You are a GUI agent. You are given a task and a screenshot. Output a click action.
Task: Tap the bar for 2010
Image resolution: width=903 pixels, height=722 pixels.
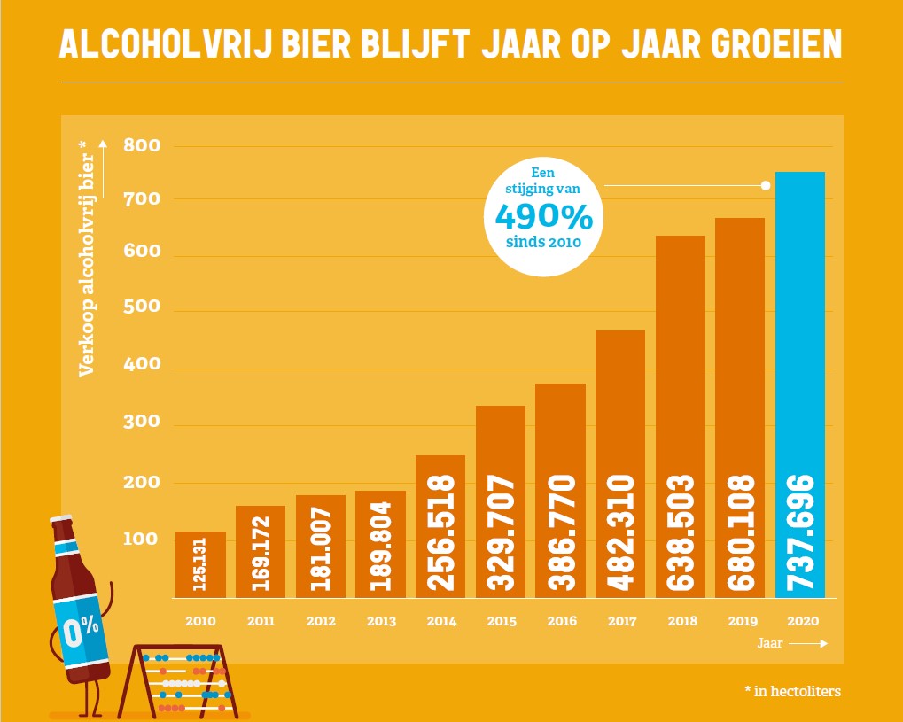(200, 564)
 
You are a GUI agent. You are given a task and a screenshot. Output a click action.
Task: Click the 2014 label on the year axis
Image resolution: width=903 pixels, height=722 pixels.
(440, 622)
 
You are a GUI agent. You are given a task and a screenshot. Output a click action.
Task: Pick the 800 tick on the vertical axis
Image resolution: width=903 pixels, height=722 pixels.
(142, 145)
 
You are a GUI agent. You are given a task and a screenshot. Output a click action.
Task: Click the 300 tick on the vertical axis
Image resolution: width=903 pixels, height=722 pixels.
(142, 423)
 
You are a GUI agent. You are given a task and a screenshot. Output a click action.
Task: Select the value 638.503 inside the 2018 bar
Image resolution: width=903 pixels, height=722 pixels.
(680, 533)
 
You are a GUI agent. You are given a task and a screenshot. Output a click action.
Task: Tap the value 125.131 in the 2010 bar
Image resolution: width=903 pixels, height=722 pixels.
(200, 565)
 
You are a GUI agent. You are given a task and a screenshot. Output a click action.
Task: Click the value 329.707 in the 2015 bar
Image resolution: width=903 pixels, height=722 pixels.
(501, 533)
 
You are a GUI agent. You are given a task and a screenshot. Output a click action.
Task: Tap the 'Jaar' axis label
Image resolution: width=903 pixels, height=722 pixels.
(769, 644)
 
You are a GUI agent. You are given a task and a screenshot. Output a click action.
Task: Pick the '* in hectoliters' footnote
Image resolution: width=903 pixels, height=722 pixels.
(790, 691)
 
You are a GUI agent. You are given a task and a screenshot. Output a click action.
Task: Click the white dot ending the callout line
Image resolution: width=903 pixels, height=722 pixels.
(764, 185)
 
